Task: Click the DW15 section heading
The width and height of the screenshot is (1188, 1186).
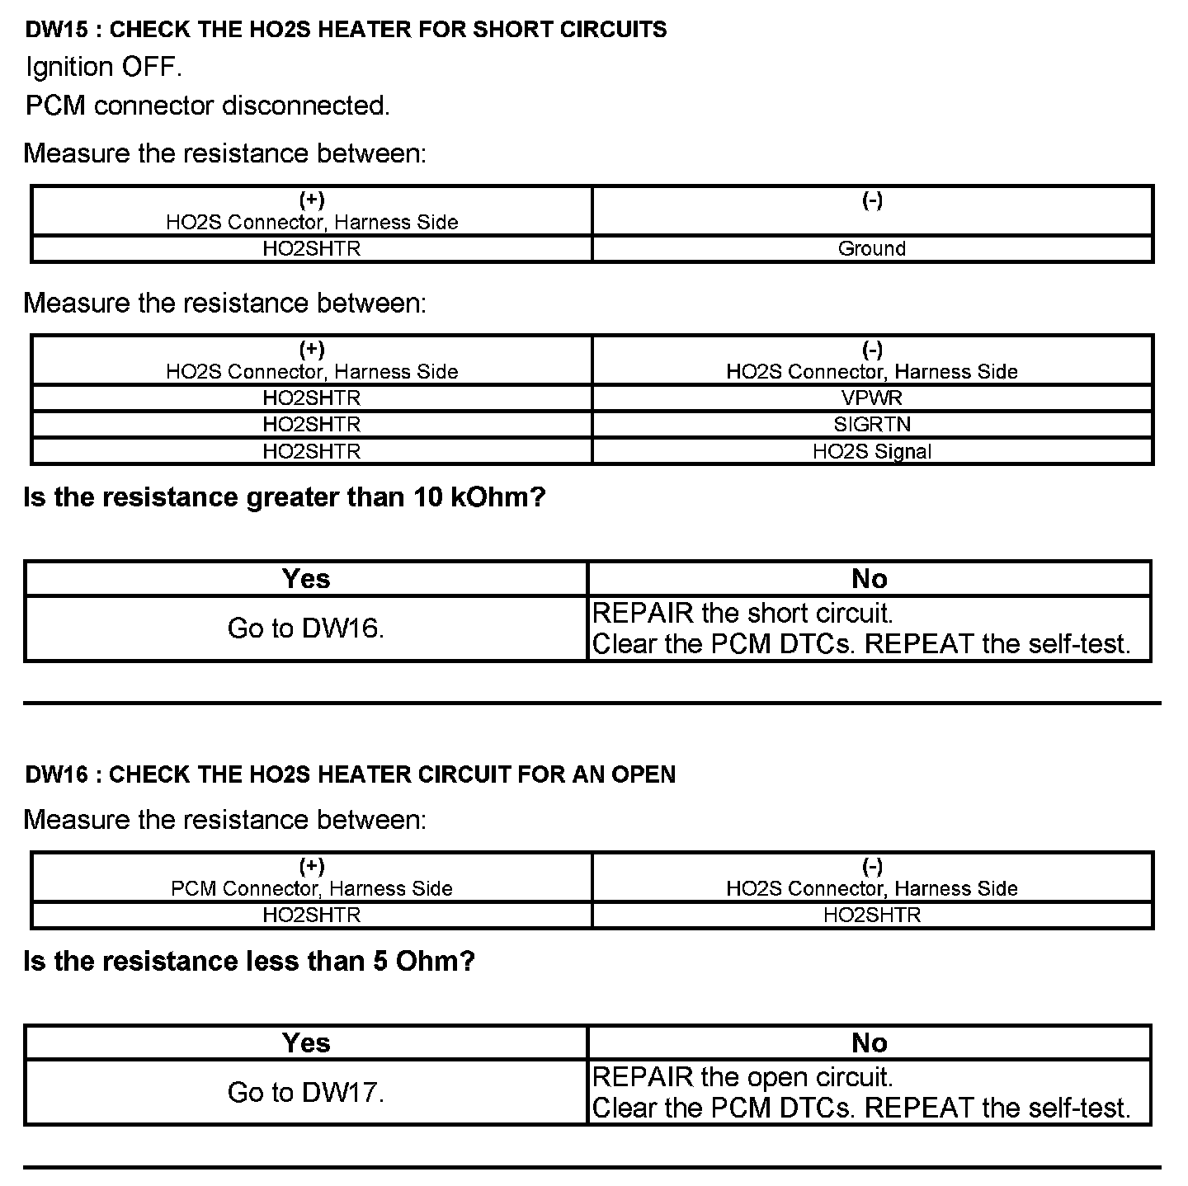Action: (x=346, y=30)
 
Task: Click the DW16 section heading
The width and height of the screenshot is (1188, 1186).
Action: (x=350, y=774)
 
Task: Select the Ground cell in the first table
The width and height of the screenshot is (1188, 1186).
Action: (x=871, y=249)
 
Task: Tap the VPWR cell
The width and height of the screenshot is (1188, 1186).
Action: (x=871, y=398)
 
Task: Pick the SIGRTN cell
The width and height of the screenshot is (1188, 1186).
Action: (x=871, y=425)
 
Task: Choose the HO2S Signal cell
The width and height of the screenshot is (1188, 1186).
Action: (x=871, y=452)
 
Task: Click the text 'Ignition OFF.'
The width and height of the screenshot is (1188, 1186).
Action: (x=103, y=67)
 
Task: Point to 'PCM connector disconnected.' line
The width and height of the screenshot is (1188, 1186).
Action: (x=207, y=106)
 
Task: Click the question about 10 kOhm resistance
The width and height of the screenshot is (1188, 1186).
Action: (x=285, y=497)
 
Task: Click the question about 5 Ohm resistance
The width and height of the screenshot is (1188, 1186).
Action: (x=249, y=961)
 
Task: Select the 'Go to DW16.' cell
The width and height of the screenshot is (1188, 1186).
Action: (x=306, y=628)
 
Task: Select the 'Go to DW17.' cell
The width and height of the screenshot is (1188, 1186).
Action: (x=306, y=1092)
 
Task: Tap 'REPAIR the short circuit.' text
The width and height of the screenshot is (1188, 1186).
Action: (x=742, y=614)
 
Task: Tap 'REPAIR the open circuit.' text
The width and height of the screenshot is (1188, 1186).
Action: (x=742, y=1077)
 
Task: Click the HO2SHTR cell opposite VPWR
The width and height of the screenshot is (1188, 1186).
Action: (x=312, y=398)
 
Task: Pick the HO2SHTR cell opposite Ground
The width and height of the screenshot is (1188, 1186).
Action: (x=312, y=249)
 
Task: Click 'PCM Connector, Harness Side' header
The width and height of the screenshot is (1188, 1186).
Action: (x=312, y=889)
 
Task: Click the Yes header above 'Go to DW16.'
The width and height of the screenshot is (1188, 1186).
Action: (x=306, y=579)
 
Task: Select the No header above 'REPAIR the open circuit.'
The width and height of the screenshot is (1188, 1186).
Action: (x=869, y=1043)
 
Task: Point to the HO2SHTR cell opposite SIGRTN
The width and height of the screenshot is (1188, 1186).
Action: (x=312, y=425)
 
